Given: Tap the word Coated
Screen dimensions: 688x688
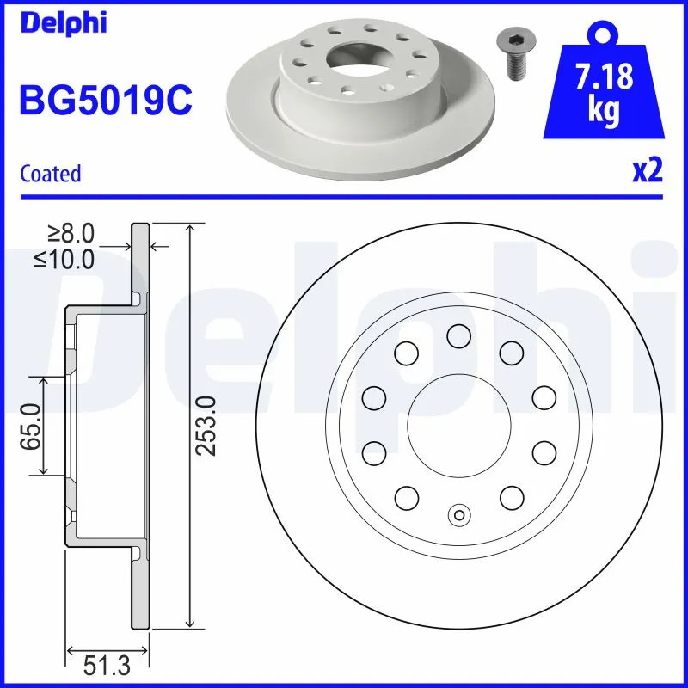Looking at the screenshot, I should point(51,173).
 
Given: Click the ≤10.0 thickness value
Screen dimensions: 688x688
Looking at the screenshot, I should point(64,259).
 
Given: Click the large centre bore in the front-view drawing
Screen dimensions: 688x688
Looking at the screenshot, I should point(458,425).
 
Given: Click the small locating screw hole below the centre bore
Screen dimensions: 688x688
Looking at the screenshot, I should point(458,515).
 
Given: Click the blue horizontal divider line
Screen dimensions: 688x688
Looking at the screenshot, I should point(344,197).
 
